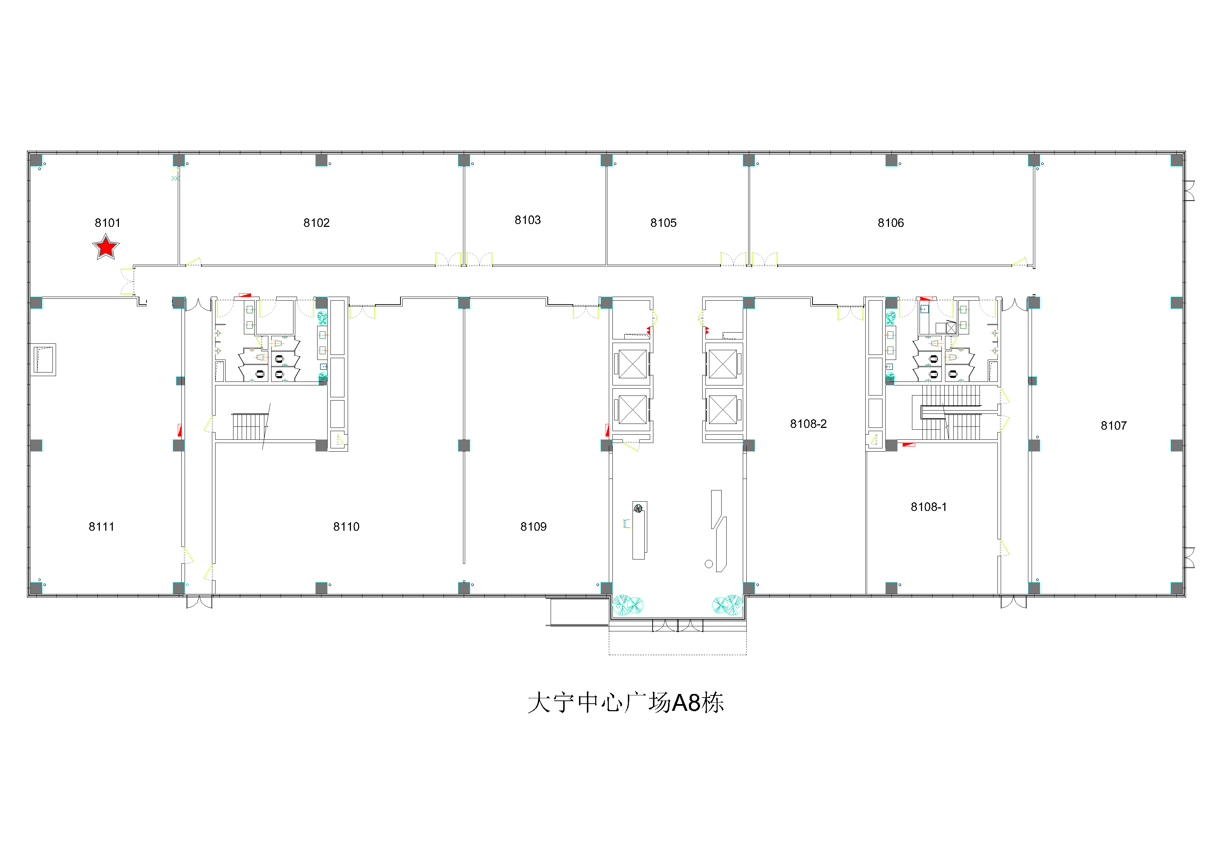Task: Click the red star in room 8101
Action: (106, 247)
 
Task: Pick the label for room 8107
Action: (1113, 425)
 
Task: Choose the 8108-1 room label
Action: (928, 507)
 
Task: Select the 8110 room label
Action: (346, 527)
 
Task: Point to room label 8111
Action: (101, 527)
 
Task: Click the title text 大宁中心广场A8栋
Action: (626, 703)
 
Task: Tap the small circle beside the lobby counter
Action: (709, 564)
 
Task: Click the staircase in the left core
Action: (249, 426)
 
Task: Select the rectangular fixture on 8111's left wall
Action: (43, 360)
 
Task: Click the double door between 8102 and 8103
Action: (464, 259)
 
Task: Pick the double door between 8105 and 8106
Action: (749, 259)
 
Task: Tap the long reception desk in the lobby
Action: (639, 530)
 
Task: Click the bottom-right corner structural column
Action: (1177, 588)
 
